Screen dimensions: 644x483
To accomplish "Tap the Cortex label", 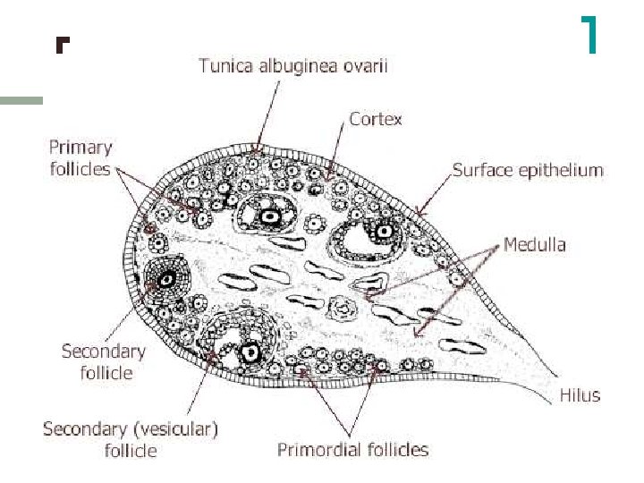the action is tap(376, 119).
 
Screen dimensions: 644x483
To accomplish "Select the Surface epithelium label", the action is tap(527, 169).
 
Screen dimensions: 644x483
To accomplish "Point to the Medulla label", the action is tap(534, 243).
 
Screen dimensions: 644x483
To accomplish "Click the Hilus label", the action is tap(579, 394).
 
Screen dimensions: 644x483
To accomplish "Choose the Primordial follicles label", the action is tap(352, 449).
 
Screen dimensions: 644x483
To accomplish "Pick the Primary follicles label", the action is tap(80, 157).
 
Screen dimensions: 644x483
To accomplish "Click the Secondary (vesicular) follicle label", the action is tap(131, 439).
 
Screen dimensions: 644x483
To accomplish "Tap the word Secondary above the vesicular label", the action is tap(103, 351).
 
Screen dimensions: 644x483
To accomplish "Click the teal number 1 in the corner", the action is tap(589, 35).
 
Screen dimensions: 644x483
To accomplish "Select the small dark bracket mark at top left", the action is tap(61, 44).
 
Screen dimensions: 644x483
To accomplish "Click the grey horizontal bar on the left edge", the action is tap(21, 101).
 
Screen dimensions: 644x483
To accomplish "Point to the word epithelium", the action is tap(563, 169).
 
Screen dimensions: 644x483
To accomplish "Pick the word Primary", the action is tap(80, 148).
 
